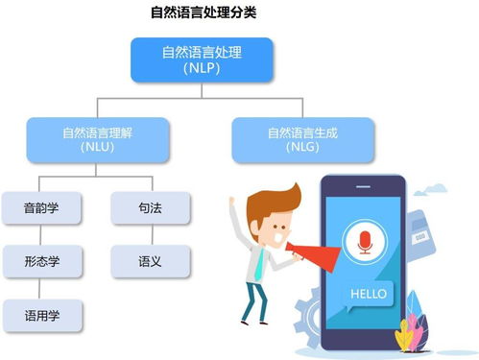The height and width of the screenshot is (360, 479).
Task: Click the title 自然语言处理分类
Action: click(x=204, y=12)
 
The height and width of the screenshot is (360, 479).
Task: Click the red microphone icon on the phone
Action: click(x=365, y=242)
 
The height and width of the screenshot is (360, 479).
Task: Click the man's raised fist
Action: click(x=233, y=201)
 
